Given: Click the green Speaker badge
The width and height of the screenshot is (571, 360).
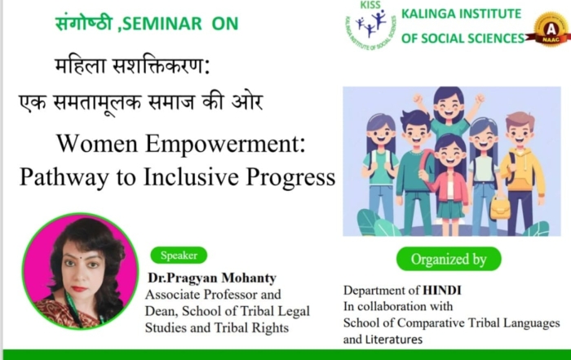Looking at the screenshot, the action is click(x=179, y=255).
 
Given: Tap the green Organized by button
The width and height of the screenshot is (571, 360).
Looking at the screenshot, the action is click(x=449, y=259).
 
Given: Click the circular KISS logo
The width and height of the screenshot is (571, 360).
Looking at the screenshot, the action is click(x=370, y=24).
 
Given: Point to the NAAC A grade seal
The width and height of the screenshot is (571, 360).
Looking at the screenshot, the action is click(x=551, y=29).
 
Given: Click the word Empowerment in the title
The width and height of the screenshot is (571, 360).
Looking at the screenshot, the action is click(x=225, y=144).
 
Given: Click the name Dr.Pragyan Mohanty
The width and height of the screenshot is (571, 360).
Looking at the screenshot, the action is click(x=212, y=278).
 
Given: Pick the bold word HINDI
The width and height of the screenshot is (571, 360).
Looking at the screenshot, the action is click(x=442, y=291).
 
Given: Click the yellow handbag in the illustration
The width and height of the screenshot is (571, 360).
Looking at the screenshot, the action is click(x=499, y=207).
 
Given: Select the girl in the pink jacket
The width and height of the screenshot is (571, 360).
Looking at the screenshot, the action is click(x=449, y=182).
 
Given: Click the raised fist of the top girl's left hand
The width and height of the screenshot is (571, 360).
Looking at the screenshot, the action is click(x=480, y=99).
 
